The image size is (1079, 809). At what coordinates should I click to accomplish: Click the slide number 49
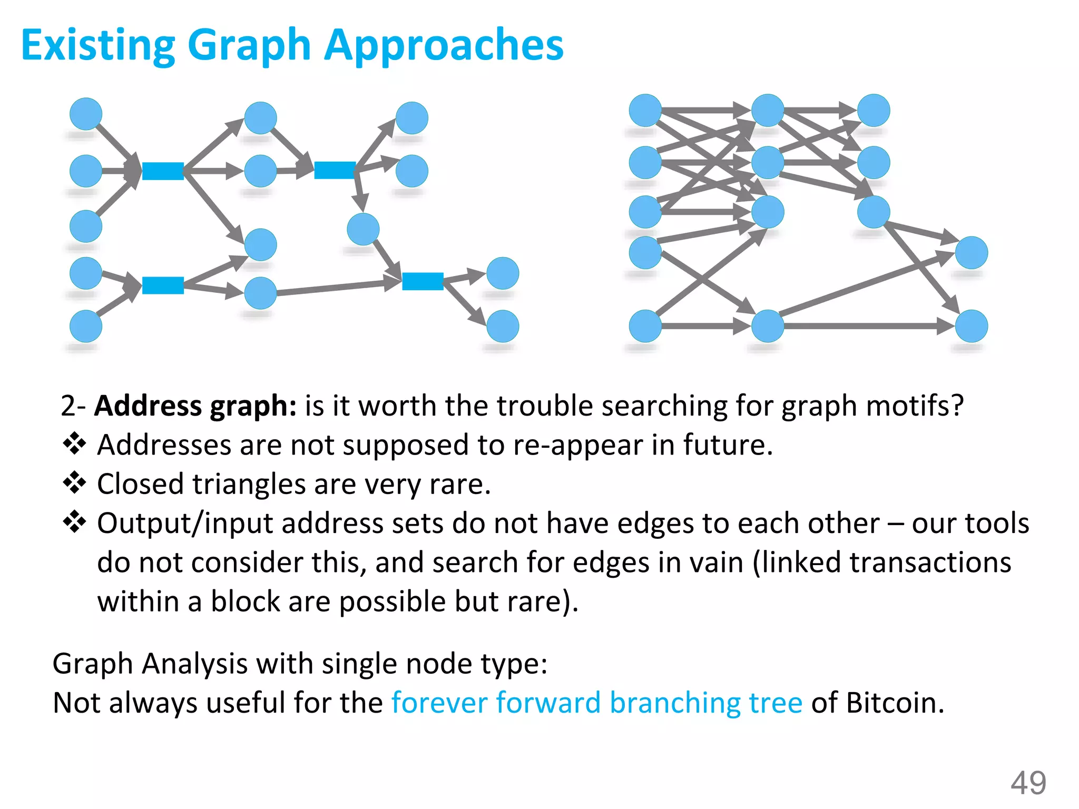[1028, 783]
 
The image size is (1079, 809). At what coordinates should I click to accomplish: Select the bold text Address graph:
[195, 406]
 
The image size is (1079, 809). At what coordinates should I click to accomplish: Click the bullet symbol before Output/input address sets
[74, 522]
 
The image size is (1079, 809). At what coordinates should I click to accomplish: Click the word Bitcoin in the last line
[895, 703]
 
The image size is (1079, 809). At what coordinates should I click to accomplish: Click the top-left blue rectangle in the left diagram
[163, 171]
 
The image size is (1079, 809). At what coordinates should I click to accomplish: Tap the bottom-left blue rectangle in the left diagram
[163, 285]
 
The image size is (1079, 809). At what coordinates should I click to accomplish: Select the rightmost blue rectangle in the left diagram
[423, 281]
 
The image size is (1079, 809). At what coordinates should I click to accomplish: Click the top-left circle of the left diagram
[86, 114]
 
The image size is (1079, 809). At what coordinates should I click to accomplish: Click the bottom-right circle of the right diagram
[972, 326]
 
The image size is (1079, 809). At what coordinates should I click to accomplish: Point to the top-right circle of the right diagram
[874, 111]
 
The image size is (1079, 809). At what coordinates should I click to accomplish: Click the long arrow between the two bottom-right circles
[864, 326]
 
